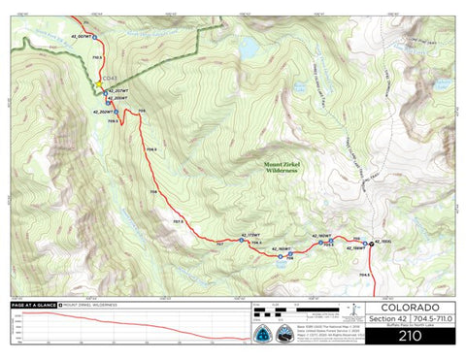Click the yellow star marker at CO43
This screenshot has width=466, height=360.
click(x=99, y=86)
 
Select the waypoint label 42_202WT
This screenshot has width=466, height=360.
click(x=104, y=112)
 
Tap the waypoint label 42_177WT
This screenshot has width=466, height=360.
click(x=250, y=235)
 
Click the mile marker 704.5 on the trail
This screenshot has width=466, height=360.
click(x=364, y=276)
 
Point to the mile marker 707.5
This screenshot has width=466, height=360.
click(x=178, y=222)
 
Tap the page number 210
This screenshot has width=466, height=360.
click(x=409, y=334)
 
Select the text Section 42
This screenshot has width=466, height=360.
click(x=384, y=318)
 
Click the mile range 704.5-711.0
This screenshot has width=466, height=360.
click(x=432, y=318)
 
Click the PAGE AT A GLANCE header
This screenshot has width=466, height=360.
click(x=32, y=304)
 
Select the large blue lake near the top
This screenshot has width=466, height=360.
click(x=250, y=46)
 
